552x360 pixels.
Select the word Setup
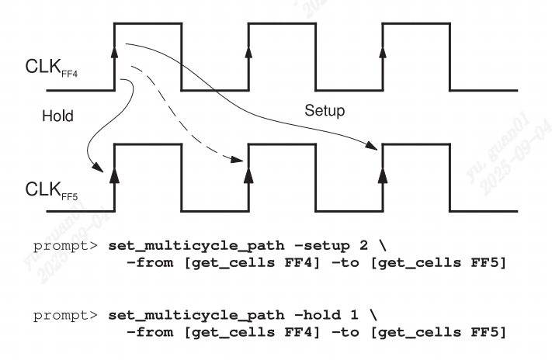(324, 111)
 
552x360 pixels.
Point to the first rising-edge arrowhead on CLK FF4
(115, 51)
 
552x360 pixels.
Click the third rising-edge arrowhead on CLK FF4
(383, 51)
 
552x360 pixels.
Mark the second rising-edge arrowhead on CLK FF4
(249, 51)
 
